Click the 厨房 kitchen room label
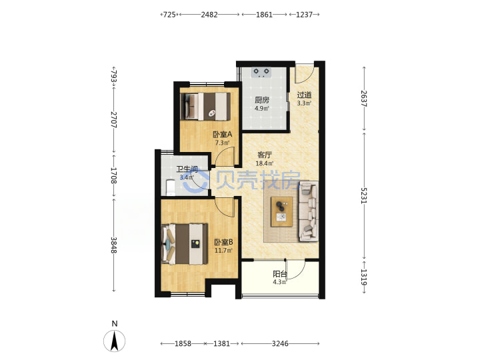[262, 100]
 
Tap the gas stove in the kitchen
[261, 72]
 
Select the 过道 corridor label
[304, 95]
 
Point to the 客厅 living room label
[265, 155]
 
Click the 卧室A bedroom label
[223, 134]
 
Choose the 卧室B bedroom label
[223, 242]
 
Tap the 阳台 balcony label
[280, 274]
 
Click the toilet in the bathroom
[170, 187]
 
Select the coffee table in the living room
[281, 212]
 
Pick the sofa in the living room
[308, 211]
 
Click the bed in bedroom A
[205, 106]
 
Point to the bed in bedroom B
[184, 244]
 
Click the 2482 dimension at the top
[209, 15]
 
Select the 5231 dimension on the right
[364, 195]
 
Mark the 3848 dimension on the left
[113, 245]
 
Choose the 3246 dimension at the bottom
[280, 344]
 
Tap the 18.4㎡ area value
[265, 163]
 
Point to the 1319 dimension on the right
[364, 277]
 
